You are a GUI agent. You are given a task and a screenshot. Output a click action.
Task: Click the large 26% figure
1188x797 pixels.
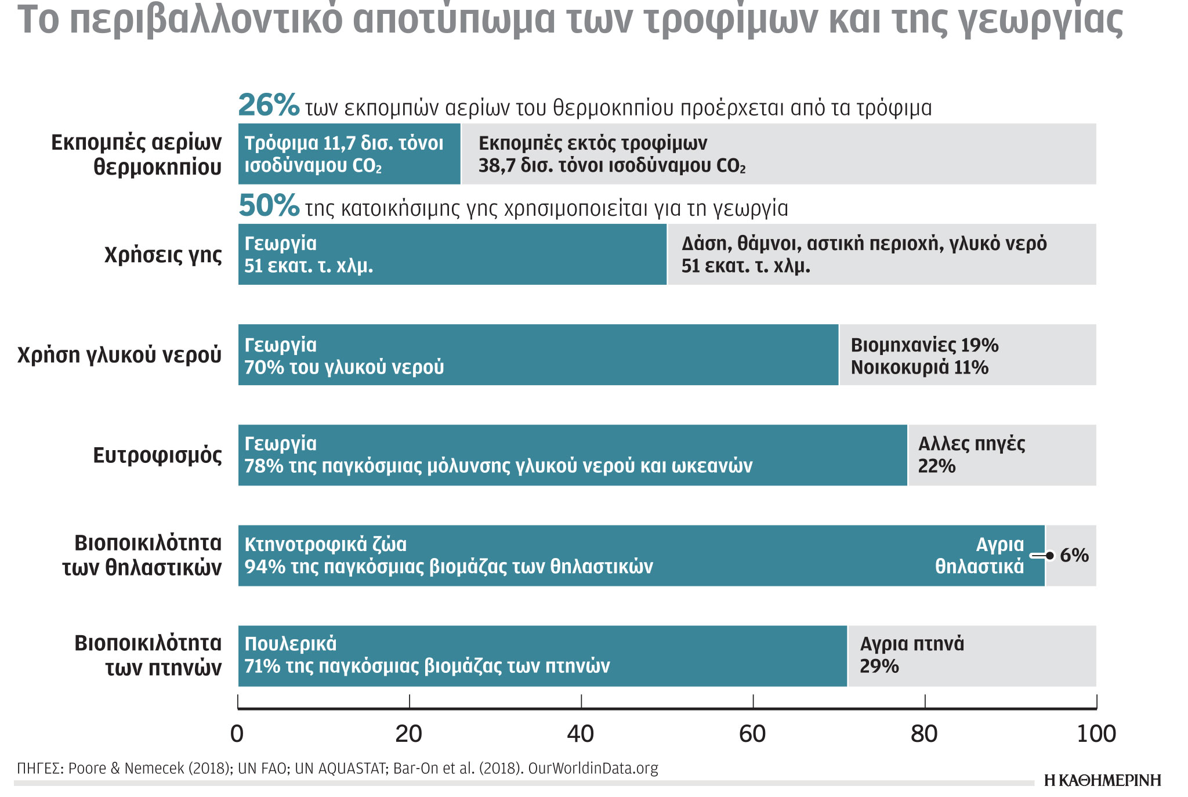coord(269,106)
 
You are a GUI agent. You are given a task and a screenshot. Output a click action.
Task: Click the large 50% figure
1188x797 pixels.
coord(269,206)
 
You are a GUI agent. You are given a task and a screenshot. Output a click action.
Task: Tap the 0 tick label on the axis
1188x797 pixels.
coord(237,734)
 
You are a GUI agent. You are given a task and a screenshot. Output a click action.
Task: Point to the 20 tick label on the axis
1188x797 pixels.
coord(408,734)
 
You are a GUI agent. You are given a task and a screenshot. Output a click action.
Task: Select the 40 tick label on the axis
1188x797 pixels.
coord(580,734)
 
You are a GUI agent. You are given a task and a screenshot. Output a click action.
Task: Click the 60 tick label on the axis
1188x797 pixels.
coord(752,734)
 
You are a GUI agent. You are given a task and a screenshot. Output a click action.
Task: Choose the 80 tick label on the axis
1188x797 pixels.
coord(923,734)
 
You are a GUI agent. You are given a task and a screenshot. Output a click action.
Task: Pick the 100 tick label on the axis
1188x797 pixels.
coord(1096,734)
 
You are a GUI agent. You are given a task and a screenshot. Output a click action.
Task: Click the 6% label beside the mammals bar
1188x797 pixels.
coord(1074,556)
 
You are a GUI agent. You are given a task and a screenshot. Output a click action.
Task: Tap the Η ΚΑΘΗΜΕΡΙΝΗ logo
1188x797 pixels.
coord(1102,781)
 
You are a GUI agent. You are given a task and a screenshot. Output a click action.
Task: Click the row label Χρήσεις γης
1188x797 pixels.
coord(163,255)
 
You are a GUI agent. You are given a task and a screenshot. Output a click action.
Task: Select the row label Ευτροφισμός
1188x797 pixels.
coord(157,455)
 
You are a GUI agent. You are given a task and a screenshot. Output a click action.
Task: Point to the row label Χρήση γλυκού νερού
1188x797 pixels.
coord(119,355)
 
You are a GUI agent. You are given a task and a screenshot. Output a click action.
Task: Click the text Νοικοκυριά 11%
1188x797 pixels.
coord(919,368)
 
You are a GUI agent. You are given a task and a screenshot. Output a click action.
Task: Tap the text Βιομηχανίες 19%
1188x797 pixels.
coord(925,345)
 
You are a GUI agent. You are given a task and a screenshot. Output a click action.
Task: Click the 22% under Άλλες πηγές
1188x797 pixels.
coord(936,466)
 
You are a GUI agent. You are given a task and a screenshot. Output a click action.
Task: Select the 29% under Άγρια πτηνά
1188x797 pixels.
coord(879,666)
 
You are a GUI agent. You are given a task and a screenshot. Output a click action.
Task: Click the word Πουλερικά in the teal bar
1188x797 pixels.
coord(290,644)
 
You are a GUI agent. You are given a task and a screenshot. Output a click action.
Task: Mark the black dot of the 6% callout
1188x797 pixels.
coord(1049,556)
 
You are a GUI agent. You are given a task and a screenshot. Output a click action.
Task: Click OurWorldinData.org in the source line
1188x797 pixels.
coord(593,769)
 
